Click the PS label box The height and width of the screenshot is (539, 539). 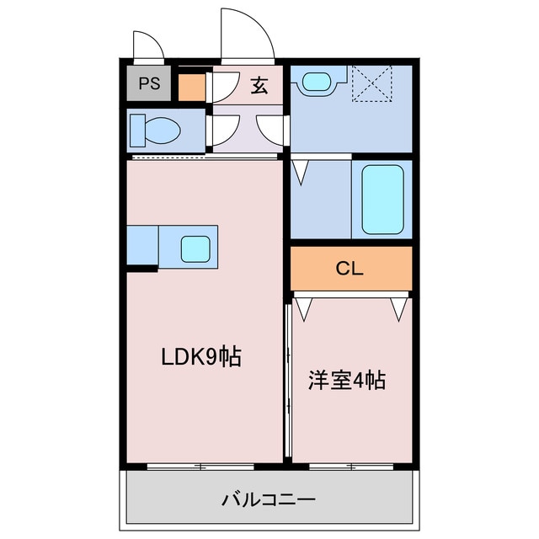(x=149, y=83)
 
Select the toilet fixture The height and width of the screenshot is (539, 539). (x=156, y=131)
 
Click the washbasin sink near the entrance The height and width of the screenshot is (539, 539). (x=316, y=82)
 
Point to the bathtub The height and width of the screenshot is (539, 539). (x=382, y=200)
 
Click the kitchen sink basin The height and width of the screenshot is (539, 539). (x=195, y=248)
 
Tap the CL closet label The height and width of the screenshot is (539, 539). (x=350, y=269)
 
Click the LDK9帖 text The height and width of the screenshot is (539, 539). (x=201, y=357)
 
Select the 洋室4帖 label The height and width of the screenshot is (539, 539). (x=345, y=380)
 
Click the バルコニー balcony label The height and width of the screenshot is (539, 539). (x=269, y=500)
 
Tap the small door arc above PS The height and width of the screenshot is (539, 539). (x=148, y=45)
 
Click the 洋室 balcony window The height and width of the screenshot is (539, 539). (x=351, y=465)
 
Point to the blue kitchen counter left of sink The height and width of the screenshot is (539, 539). (x=142, y=245)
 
